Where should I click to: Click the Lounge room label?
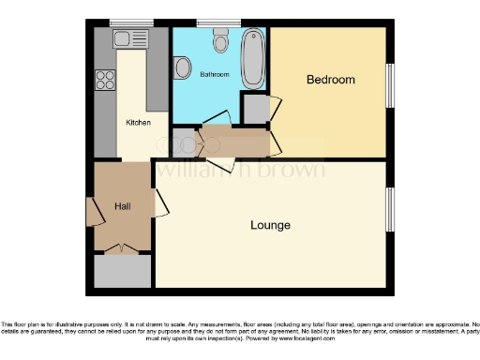(270, 226)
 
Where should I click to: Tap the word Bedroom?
(331, 80)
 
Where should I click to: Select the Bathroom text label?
(215, 75)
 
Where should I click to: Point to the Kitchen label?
(139, 122)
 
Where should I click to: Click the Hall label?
(122, 205)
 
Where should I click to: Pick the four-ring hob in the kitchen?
(102, 81)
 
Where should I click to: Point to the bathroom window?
(218, 22)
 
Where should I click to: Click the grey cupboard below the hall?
(122, 270)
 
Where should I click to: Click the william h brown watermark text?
(240, 170)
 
